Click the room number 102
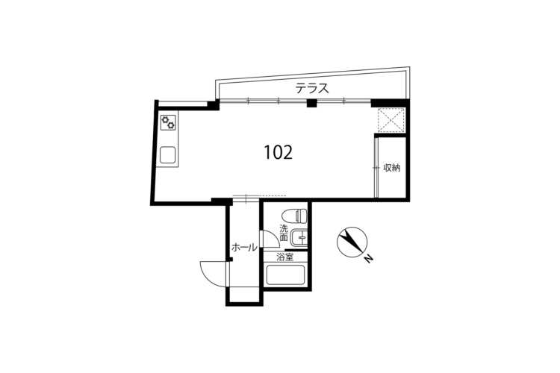[x=279, y=152]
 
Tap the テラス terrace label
[x=312, y=88]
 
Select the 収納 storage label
[x=391, y=167]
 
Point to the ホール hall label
[x=244, y=247]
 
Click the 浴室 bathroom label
[x=285, y=257]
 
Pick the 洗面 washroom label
[x=284, y=232]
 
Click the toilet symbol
[x=294, y=216]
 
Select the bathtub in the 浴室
[x=285, y=275]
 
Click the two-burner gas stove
[x=168, y=122]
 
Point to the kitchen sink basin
[x=168, y=154]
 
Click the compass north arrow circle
[x=352, y=242]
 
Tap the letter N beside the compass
[x=369, y=259]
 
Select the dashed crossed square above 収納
[x=391, y=120]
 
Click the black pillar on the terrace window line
[x=312, y=103]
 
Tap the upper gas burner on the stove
[x=165, y=119]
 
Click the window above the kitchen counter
[x=183, y=104]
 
